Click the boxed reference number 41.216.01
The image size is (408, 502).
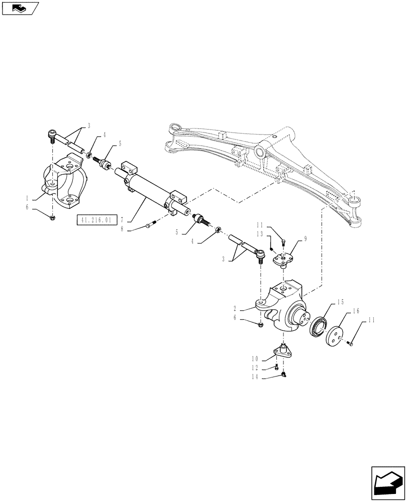(97, 219)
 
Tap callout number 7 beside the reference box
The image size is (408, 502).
(123, 219)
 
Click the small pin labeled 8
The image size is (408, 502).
(148, 226)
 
